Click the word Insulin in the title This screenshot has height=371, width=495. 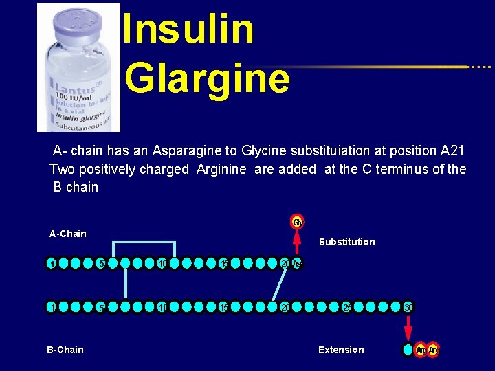pyautogui.click(x=188, y=29)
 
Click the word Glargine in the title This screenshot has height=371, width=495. pyautogui.click(x=207, y=78)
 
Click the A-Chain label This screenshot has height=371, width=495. pyautogui.click(x=68, y=234)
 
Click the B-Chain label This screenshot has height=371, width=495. pyautogui.click(x=65, y=350)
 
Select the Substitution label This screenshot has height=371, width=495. pyautogui.click(x=347, y=242)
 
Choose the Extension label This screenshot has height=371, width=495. pyautogui.click(x=341, y=350)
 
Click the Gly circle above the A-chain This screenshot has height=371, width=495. pyautogui.click(x=297, y=222)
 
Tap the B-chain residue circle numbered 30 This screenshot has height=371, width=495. pyautogui.click(x=408, y=306)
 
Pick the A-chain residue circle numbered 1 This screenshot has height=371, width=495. pyautogui.click(x=52, y=264)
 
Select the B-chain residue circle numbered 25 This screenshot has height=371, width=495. pyautogui.click(x=348, y=306)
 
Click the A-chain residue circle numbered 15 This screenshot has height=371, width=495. pyautogui.click(x=223, y=264)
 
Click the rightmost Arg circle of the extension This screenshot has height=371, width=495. pyautogui.click(x=434, y=350)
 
